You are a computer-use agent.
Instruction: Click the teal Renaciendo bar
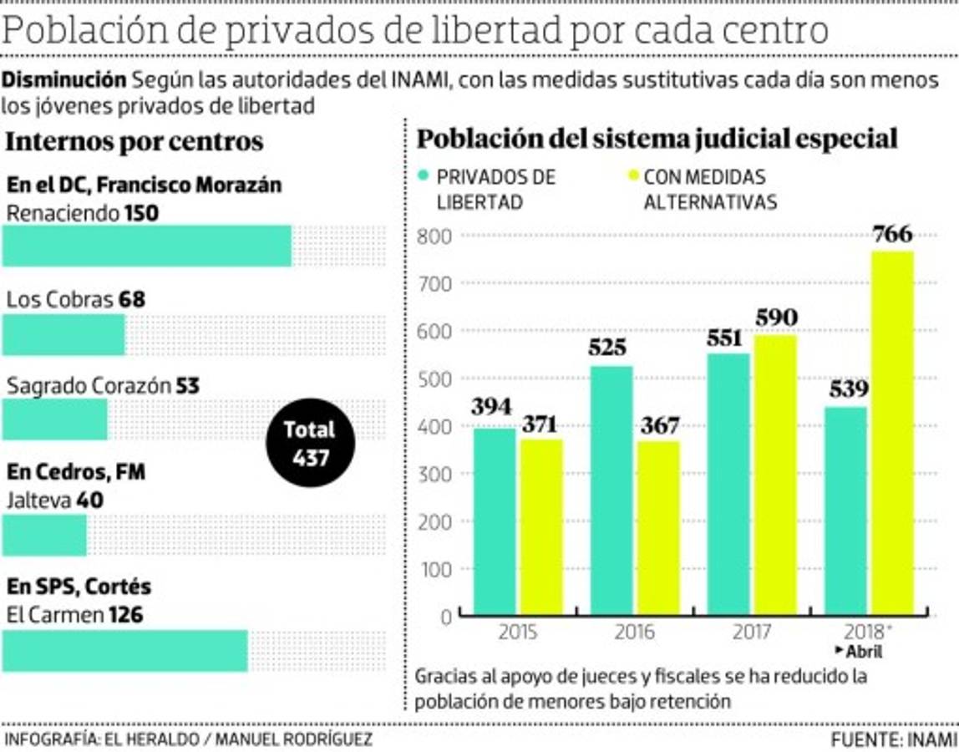(147, 246)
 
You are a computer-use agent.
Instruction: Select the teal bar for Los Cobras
(63, 334)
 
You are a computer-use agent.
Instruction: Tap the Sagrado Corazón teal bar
(55, 419)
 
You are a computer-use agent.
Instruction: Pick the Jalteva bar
(44, 535)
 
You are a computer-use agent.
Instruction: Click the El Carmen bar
(125, 651)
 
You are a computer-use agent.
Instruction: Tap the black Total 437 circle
(310, 444)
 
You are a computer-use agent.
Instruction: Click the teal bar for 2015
(495, 521)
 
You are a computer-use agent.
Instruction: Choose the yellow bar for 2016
(657, 528)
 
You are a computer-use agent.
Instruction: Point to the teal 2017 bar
(729, 485)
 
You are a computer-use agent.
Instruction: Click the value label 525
(607, 348)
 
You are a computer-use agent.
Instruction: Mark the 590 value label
(776, 318)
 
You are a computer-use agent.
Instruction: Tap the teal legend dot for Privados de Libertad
(424, 177)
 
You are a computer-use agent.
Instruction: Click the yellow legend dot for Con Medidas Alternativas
(632, 177)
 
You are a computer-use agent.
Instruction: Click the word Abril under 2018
(863, 653)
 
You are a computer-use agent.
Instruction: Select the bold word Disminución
(63, 80)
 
